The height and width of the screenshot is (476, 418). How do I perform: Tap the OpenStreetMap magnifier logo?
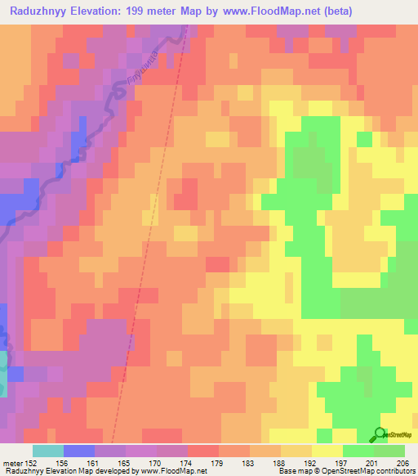click(379, 435)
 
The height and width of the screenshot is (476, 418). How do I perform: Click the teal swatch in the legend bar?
click(48, 451)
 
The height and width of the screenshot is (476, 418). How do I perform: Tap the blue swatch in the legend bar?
click(79, 451)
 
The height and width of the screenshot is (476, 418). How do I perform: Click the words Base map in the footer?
click(291, 471)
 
